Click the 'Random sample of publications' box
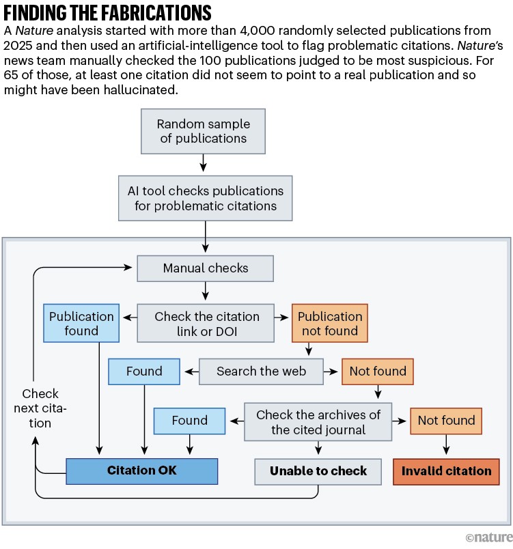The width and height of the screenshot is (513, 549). pyautogui.click(x=203, y=131)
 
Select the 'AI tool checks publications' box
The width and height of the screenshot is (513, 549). pyautogui.click(x=205, y=198)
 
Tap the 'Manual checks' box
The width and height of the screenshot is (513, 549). pyautogui.click(x=206, y=268)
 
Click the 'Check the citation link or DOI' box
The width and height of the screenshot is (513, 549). pyautogui.click(x=207, y=324)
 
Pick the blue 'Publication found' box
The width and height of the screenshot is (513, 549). pyautogui.click(x=82, y=324)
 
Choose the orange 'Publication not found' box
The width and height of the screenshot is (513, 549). pyautogui.click(x=329, y=324)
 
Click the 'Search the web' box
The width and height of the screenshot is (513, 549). pyautogui.click(x=261, y=371)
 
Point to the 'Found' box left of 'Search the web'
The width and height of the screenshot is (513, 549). pyautogui.click(x=144, y=371)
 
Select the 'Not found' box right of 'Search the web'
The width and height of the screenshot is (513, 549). pyautogui.click(x=378, y=371)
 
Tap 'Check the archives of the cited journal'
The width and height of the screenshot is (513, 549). pyautogui.click(x=318, y=422)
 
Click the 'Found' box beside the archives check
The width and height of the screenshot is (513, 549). pyautogui.click(x=189, y=421)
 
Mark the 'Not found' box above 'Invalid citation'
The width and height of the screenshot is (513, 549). pyautogui.click(x=446, y=421)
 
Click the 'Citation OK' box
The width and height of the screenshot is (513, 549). pyautogui.click(x=141, y=471)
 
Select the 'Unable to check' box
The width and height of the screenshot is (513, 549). pyautogui.click(x=318, y=471)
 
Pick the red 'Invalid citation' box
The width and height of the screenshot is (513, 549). pyautogui.click(x=446, y=471)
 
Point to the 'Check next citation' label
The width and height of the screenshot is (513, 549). pyautogui.click(x=40, y=408)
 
